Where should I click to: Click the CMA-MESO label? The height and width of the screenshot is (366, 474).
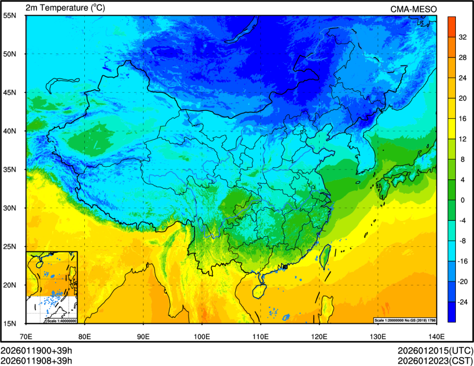click(413, 8)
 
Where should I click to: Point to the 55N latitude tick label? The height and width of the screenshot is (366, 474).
click(9, 15)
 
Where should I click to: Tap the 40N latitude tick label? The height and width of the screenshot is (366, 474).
click(9, 131)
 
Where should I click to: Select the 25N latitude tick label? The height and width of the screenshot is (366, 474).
click(9, 247)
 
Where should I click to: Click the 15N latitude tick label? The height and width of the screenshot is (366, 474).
click(9, 323)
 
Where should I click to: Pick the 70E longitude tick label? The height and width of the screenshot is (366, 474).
click(26, 336)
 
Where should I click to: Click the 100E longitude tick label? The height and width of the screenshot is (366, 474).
click(202, 336)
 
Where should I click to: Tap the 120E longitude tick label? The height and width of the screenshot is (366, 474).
click(319, 336)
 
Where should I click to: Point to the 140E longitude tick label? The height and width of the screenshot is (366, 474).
click(436, 336)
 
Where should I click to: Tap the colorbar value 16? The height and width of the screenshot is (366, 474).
click(464, 118)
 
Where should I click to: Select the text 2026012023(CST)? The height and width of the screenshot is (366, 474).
click(435, 360)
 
